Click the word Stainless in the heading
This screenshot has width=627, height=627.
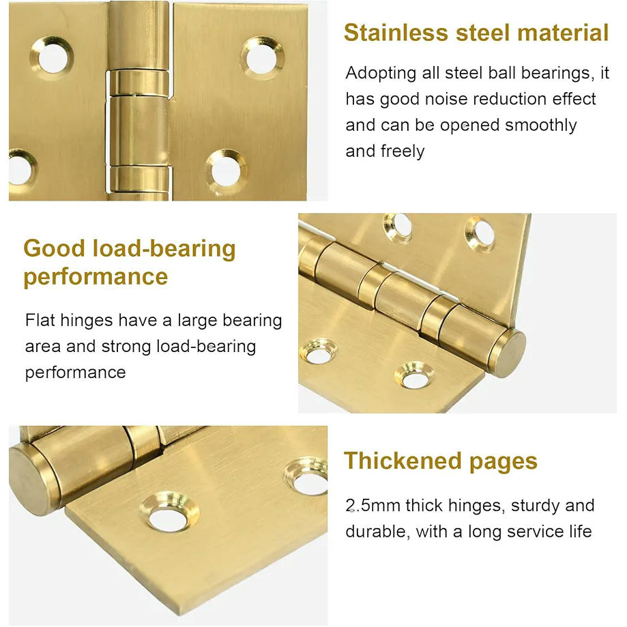pos(396,32)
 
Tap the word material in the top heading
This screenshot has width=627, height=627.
pos(563,32)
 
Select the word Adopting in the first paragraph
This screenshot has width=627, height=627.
pos(381,74)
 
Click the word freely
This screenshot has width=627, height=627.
pos(403,151)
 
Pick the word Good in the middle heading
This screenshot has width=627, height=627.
pos(55,248)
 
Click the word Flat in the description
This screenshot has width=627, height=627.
pos(40,320)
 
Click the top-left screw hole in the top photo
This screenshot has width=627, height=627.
pos(52,58)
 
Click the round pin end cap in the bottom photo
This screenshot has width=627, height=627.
pos(32,479)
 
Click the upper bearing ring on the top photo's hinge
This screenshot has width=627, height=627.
pos(138,83)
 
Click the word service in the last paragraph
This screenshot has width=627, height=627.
pos(535,532)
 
